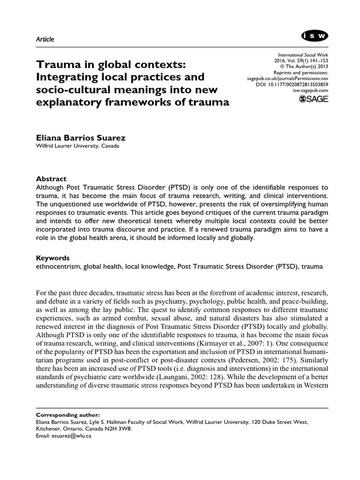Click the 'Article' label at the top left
[45, 39]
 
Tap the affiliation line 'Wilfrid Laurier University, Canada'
[77, 146]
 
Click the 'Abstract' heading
[51, 179]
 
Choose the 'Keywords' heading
[53, 258]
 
